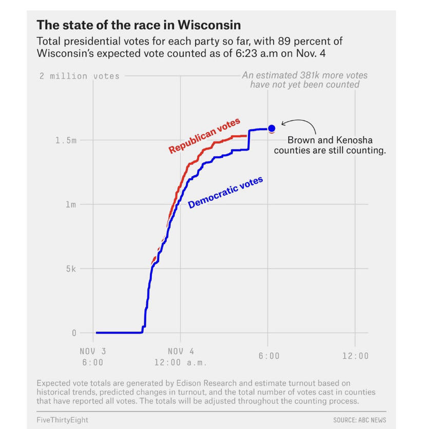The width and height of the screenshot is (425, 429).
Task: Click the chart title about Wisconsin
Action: click(139, 25)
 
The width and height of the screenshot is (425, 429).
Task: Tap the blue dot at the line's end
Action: click(272, 128)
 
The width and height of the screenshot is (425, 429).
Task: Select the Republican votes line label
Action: click(204, 136)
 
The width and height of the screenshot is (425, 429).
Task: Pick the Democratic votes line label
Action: click(225, 193)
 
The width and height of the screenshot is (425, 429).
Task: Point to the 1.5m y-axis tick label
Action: click(65, 140)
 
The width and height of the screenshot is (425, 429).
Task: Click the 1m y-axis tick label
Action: click(70, 205)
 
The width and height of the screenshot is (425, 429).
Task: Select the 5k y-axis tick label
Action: click(70, 269)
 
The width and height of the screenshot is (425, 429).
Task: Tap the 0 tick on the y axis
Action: click(74, 333)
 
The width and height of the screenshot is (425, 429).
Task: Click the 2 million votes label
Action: click(80, 76)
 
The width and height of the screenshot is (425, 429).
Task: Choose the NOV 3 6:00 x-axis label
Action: click(92, 357)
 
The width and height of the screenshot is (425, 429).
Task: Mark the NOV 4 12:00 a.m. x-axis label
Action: click(181, 357)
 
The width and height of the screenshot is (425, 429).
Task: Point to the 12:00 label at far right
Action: click(355, 356)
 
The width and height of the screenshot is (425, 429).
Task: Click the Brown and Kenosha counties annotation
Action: click(330, 146)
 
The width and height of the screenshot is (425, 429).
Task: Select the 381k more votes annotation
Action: click(305, 80)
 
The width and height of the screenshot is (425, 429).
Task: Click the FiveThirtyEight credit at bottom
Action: click(62, 420)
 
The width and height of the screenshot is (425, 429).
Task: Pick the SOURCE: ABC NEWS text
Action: click(359, 420)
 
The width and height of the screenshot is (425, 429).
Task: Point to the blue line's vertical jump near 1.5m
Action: click(249, 139)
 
